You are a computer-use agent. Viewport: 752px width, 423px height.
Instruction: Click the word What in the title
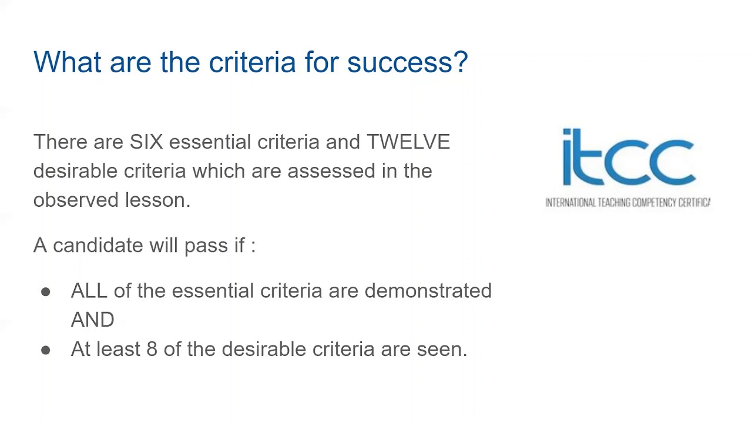(x=67, y=62)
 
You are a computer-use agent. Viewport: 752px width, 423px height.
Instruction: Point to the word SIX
(x=146, y=142)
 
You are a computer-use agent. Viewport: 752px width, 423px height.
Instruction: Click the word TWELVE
(x=408, y=142)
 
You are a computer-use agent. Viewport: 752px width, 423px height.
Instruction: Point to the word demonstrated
(x=428, y=291)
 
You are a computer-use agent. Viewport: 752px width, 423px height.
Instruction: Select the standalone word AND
(x=92, y=320)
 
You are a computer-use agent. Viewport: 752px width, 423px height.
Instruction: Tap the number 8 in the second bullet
(x=152, y=350)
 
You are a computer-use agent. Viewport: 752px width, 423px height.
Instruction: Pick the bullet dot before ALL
(x=46, y=292)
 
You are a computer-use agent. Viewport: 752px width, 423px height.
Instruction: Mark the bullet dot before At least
(x=46, y=350)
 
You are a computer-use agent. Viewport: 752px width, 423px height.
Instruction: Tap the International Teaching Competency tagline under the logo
(x=627, y=203)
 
